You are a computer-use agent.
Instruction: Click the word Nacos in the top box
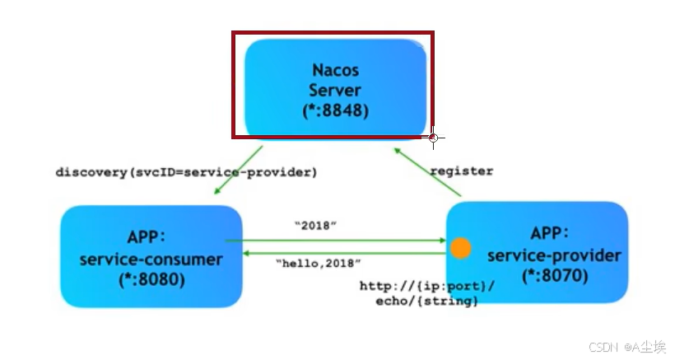point(335,68)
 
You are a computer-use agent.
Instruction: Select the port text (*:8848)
point(335,108)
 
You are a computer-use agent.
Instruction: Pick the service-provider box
point(538,255)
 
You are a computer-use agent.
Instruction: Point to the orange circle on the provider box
point(461,248)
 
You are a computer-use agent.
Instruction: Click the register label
point(462,171)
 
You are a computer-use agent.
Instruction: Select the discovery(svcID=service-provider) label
point(186,173)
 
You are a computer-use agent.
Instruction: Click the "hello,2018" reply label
point(318,264)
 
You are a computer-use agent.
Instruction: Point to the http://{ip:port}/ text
point(427,286)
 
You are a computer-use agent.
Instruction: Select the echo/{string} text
point(427,302)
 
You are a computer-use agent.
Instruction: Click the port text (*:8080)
point(151,279)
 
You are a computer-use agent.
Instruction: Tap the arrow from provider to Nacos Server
point(428,172)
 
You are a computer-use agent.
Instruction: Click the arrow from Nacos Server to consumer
point(238,171)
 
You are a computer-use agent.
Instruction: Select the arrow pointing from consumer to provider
point(337,241)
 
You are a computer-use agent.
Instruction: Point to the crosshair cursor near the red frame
point(433,138)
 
